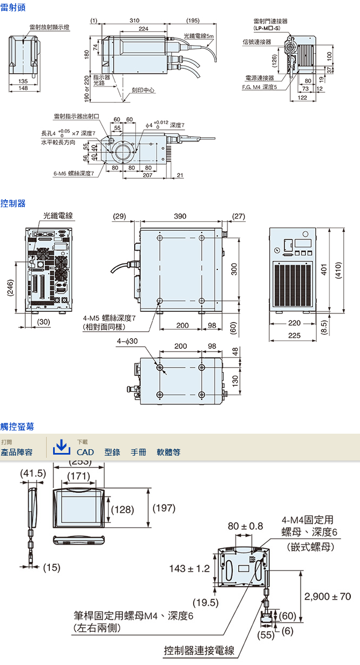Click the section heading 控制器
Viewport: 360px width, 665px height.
[x=12, y=203]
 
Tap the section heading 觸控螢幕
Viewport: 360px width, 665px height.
[x=17, y=426]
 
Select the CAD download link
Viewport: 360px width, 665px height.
[x=85, y=452]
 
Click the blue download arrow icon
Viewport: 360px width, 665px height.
[x=62, y=446]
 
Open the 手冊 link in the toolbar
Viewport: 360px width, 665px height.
[x=138, y=452]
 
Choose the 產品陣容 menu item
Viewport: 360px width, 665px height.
[x=17, y=452]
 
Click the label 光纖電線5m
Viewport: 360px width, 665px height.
[x=198, y=36]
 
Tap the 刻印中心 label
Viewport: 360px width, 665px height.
[x=143, y=91]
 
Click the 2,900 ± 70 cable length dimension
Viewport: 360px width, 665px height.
[x=327, y=596]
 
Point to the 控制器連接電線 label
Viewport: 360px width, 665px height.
[x=199, y=651]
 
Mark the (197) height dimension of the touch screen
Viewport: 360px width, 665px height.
[x=164, y=508]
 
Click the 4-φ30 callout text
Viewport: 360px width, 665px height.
[x=127, y=341]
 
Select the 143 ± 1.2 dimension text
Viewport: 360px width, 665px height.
[x=189, y=568]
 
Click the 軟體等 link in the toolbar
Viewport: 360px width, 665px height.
[x=168, y=452]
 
